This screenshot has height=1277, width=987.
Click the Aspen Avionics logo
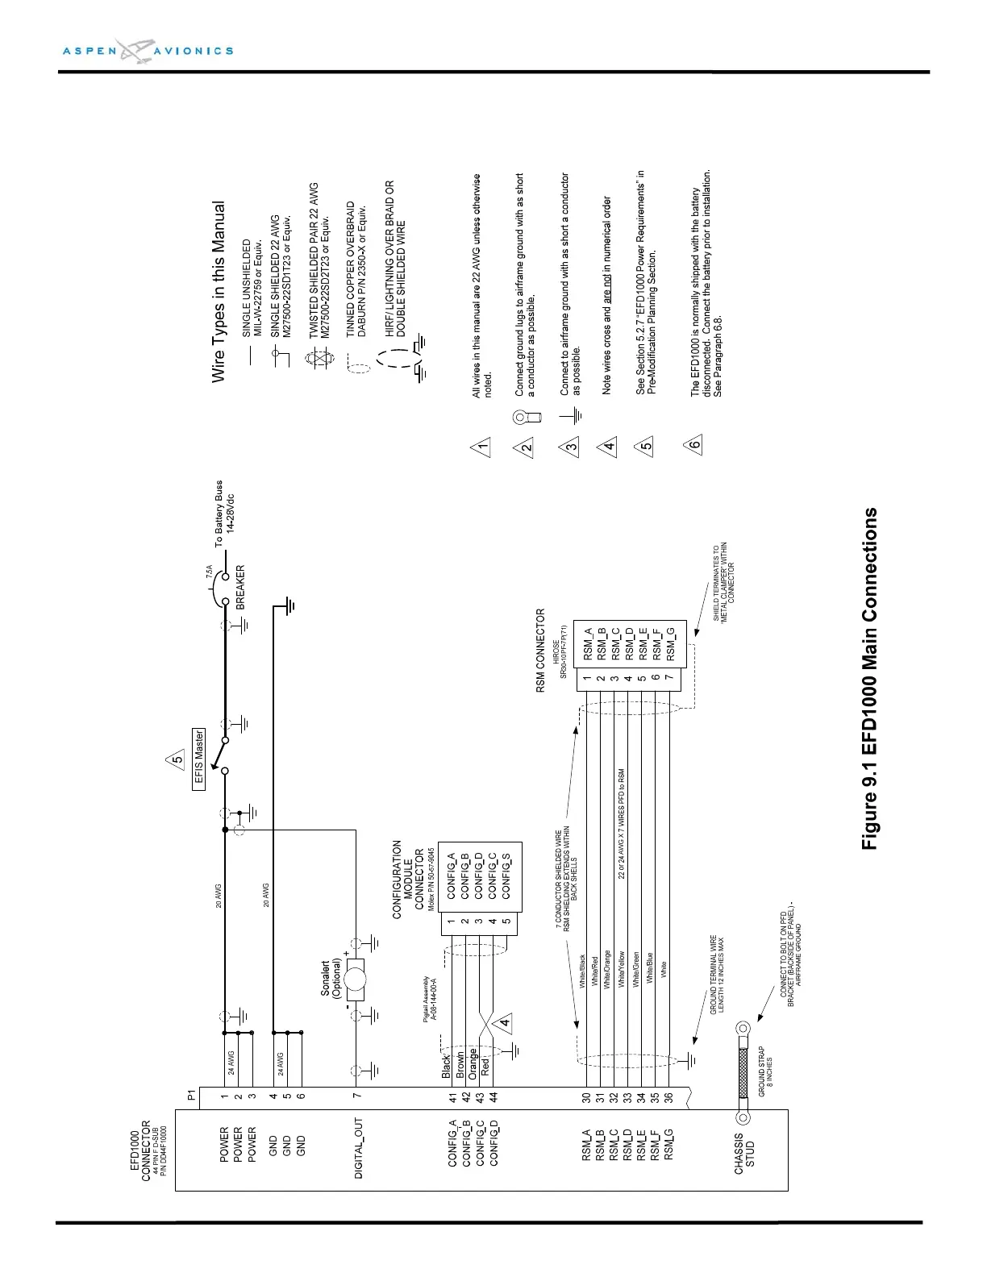click(148, 50)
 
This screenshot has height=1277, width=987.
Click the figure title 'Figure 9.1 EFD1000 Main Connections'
click(869, 678)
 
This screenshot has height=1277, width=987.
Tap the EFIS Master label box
click(199, 758)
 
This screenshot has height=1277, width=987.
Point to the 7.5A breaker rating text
click(210, 574)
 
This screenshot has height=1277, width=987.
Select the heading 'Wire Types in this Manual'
click(218, 292)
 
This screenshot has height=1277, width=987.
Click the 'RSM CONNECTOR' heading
click(541, 650)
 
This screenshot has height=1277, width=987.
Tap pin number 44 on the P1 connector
click(493, 1096)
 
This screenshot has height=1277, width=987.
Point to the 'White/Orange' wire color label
click(606, 970)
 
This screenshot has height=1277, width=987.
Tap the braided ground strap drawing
click(743, 1072)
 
